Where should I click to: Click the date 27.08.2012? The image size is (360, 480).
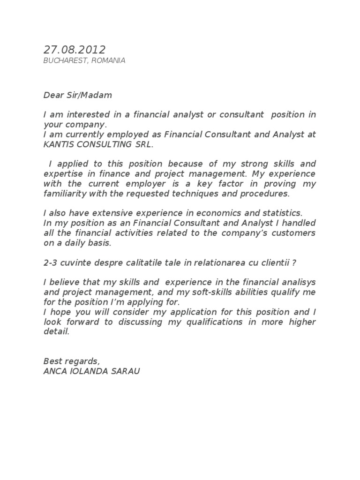pyautogui.click(x=75, y=50)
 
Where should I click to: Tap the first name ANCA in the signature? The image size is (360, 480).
pyautogui.click(x=53, y=371)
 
